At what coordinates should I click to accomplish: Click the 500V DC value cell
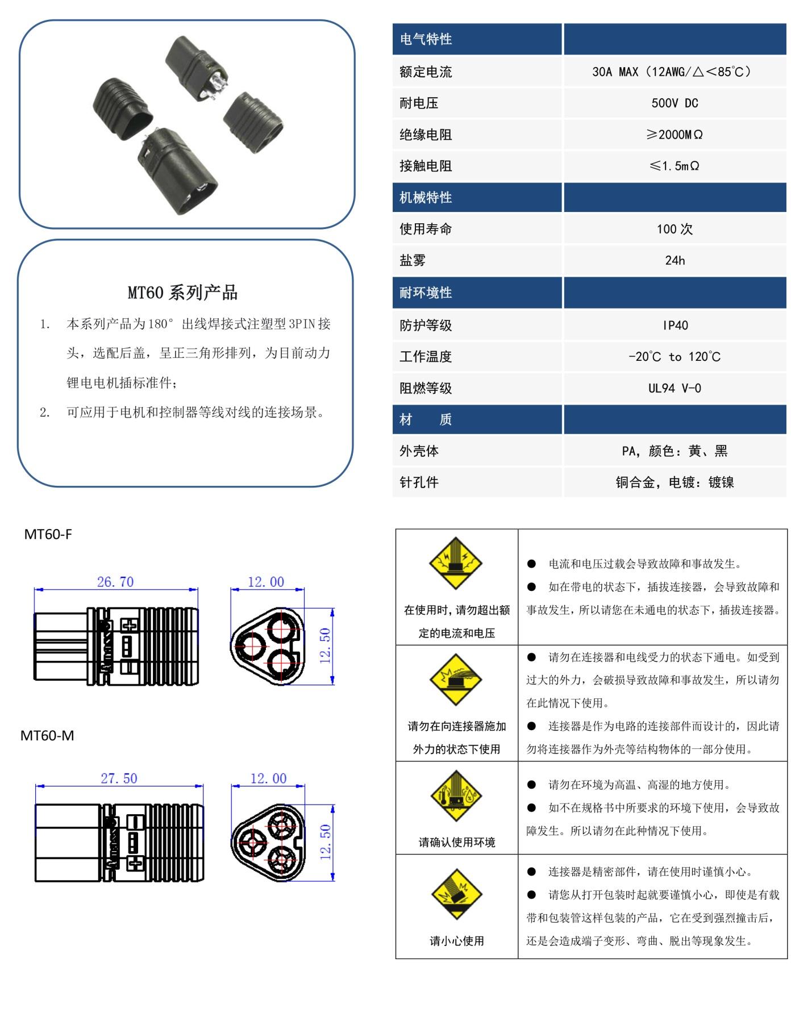[675, 103]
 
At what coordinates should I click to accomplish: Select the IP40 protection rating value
[675, 326]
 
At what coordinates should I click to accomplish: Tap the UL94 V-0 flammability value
[675, 389]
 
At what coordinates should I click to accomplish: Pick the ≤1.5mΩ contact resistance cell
[675, 166]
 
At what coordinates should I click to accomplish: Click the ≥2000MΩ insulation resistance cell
[675, 135]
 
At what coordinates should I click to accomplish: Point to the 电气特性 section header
[426, 39]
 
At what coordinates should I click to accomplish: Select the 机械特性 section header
[426, 198]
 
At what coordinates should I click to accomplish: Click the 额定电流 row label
[426, 72]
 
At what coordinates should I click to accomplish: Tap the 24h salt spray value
[675, 261]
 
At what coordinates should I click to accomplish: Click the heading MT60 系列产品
[182, 293]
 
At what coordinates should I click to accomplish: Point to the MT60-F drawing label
[48, 534]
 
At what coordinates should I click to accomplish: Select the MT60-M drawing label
[47, 736]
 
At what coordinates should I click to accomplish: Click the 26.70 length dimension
[115, 582]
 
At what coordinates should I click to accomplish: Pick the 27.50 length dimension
[119, 778]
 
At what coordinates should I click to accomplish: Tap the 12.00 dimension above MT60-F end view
[266, 582]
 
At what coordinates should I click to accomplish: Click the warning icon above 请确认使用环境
[456, 795]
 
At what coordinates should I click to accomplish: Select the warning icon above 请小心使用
[456, 895]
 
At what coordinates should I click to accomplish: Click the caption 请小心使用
[457, 941]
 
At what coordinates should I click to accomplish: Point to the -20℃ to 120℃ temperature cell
[675, 357]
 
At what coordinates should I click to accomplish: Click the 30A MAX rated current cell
[675, 72]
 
